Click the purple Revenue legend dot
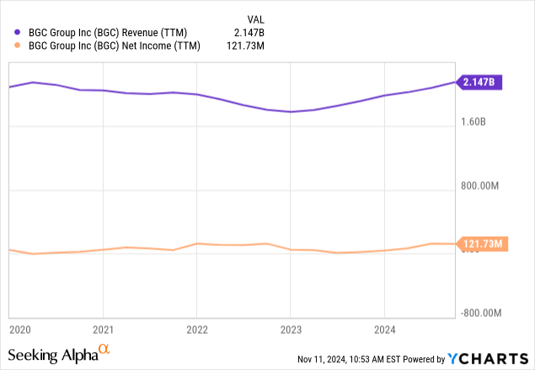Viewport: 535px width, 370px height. pos(19,33)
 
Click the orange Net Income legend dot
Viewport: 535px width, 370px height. pos(19,46)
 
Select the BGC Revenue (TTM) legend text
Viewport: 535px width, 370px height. pos(110,33)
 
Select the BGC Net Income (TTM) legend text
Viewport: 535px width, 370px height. pos(115,46)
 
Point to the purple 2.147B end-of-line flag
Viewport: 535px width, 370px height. pos(481,82)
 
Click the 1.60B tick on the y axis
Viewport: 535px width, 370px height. pos(474,121)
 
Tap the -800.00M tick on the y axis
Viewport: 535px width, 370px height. pos(484,313)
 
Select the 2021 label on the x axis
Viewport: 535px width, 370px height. pos(102,329)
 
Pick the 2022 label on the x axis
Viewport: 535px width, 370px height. pos(196,329)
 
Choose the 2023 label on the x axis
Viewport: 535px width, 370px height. pos(290,329)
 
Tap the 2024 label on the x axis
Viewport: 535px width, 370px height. pos(384,329)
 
